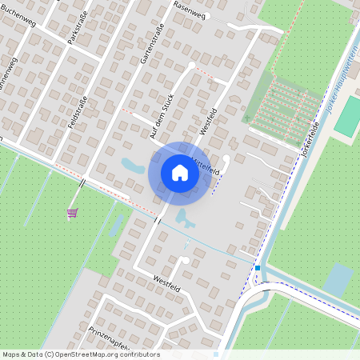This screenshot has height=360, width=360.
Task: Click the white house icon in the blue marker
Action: [179, 173]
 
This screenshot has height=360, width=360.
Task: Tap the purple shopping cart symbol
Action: [72, 212]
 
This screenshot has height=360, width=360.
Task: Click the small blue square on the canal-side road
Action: [258, 268]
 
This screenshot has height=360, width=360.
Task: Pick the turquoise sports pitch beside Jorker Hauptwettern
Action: [348, 117]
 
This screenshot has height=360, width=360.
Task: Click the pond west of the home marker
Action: [130, 166]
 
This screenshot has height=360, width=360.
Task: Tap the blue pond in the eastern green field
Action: [337, 279]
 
